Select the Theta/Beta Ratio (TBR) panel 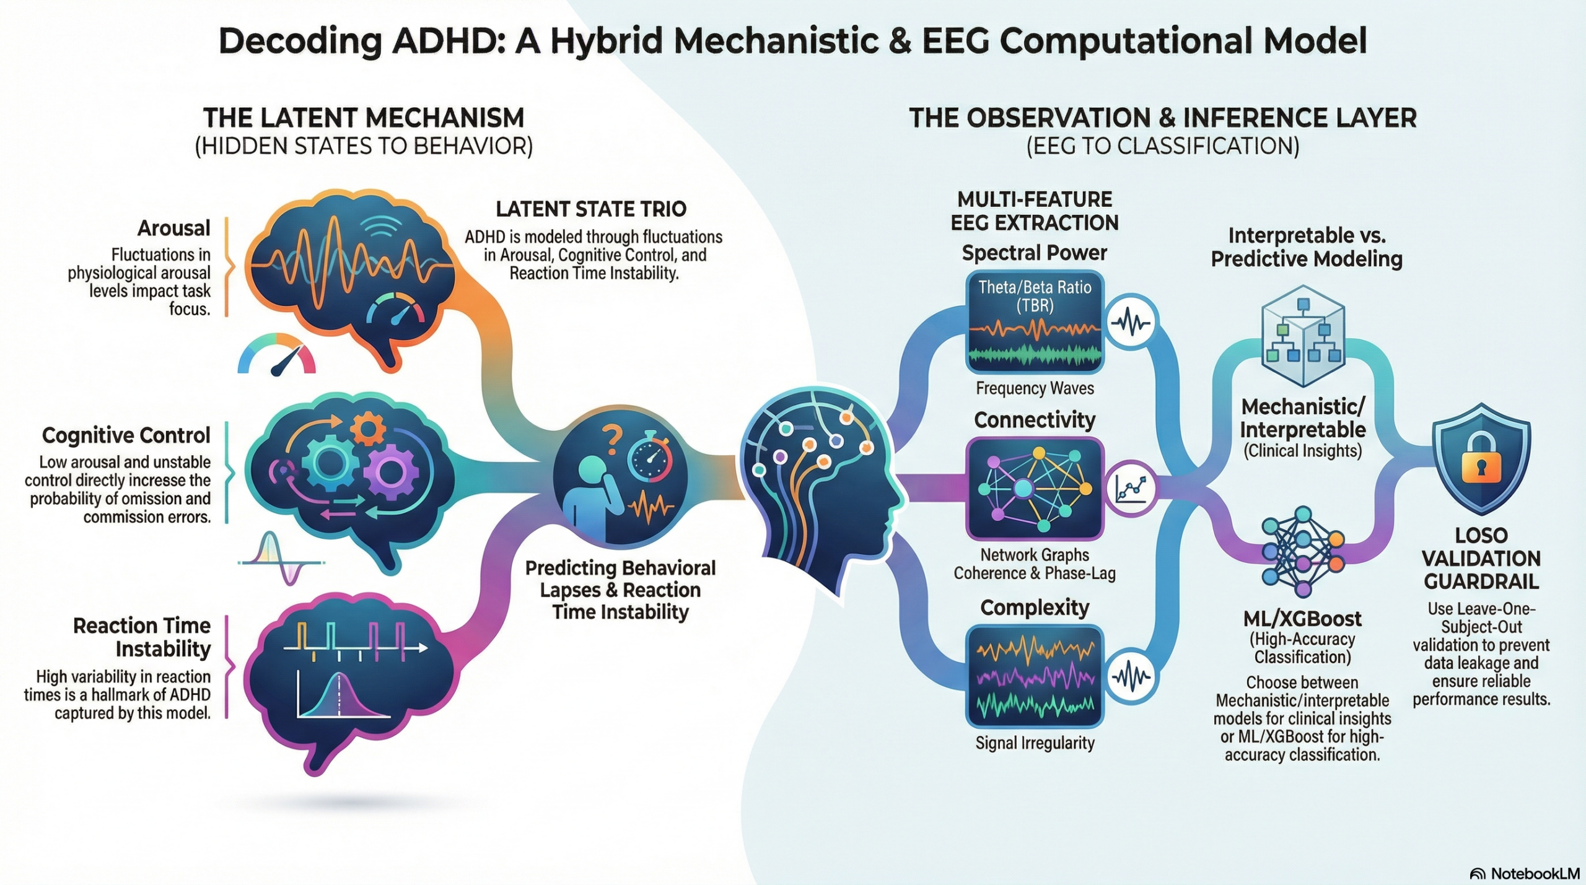pos(1035,321)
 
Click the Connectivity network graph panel pos(1035,489)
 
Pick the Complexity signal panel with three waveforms pos(1035,676)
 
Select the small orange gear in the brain pos(367,427)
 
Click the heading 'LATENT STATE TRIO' pos(591,209)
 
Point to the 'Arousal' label pos(174,229)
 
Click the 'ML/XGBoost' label pos(1302,619)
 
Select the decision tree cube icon pos(1303,336)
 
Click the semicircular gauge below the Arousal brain pos(276,355)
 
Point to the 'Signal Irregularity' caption pos(1035,743)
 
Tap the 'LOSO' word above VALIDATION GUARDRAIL pos(1481,536)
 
